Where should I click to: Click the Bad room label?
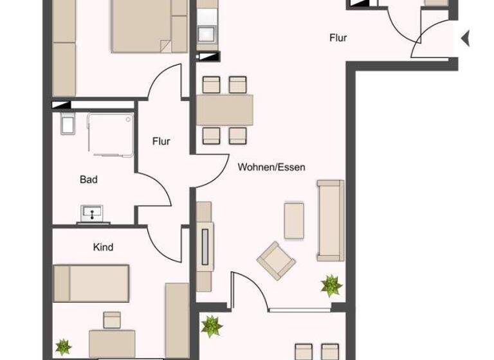pyautogui.click(x=89, y=179)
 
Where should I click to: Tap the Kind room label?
pyautogui.click(x=103, y=247)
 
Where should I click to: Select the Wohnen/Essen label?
pyautogui.click(x=271, y=167)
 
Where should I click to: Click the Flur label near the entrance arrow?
pyautogui.click(x=338, y=38)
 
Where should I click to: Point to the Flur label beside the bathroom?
pyautogui.click(x=161, y=141)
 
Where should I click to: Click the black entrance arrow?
pyautogui.click(x=466, y=39)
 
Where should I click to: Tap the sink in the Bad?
pyautogui.click(x=94, y=213)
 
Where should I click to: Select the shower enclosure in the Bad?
pyautogui.click(x=111, y=135)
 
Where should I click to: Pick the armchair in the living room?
pyautogui.click(x=277, y=261)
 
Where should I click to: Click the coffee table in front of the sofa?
pyautogui.click(x=294, y=221)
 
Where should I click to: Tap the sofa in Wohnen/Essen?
pyautogui.click(x=329, y=221)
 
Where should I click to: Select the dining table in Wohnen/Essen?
pyautogui.click(x=224, y=110)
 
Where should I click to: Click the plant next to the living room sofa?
pyautogui.click(x=332, y=285)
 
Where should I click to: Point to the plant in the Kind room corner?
pyautogui.click(x=63, y=347)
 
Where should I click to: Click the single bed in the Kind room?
pyautogui.click(x=92, y=283)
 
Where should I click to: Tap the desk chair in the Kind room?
pyautogui.click(x=112, y=319)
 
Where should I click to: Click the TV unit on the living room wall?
pyautogui.click(x=205, y=246)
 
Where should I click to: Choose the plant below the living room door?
pyautogui.click(x=211, y=326)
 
